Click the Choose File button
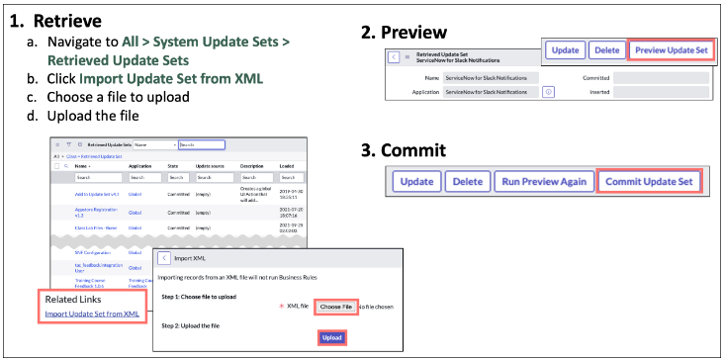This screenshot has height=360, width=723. (334, 307)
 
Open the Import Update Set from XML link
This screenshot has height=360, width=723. (92, 315)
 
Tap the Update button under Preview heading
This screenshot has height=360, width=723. (565, 49)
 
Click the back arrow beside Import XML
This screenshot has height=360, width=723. (163, 259)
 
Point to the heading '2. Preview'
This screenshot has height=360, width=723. (403, 33)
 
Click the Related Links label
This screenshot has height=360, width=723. (72, 299)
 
